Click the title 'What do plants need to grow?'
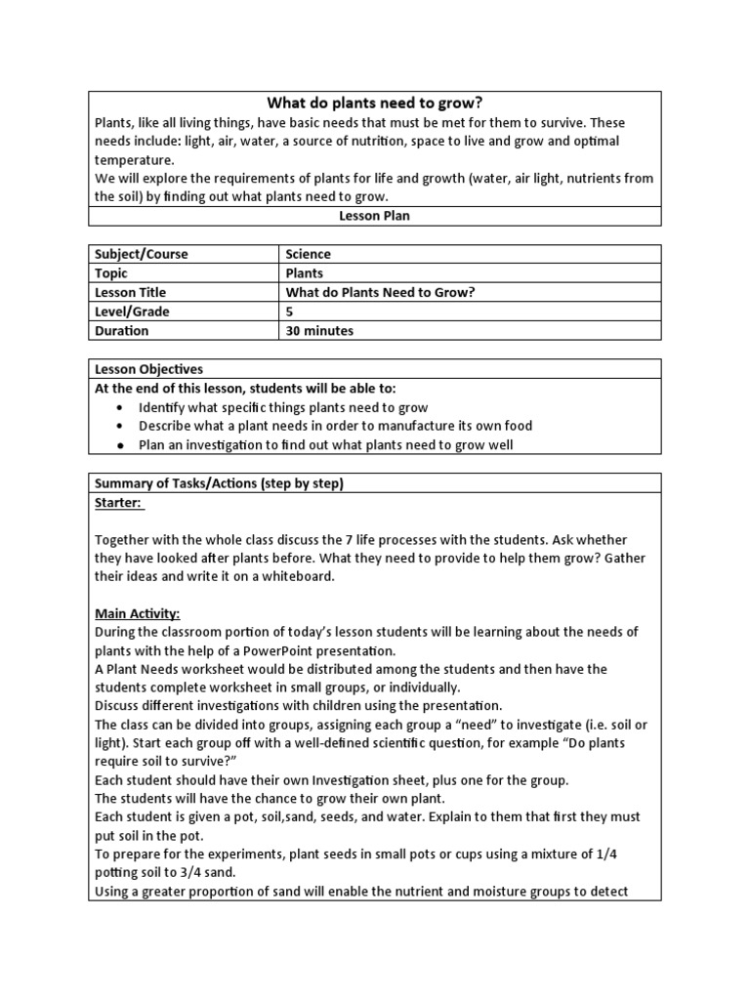pos(375,104)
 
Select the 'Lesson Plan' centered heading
pos(375,216)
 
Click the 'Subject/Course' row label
pos(141,254)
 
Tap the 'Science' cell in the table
pos(308,254)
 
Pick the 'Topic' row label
pos(112,273)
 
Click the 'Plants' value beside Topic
pos(304,273)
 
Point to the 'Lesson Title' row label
pos(130,292)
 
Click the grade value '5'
pos(290,312)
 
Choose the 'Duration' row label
pos(121,331)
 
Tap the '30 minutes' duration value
pos(319,331)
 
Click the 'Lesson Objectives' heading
pos(148,369)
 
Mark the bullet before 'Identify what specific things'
pos(119,407)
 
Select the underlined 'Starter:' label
pos(118,502)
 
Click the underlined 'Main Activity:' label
pos(137,614)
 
